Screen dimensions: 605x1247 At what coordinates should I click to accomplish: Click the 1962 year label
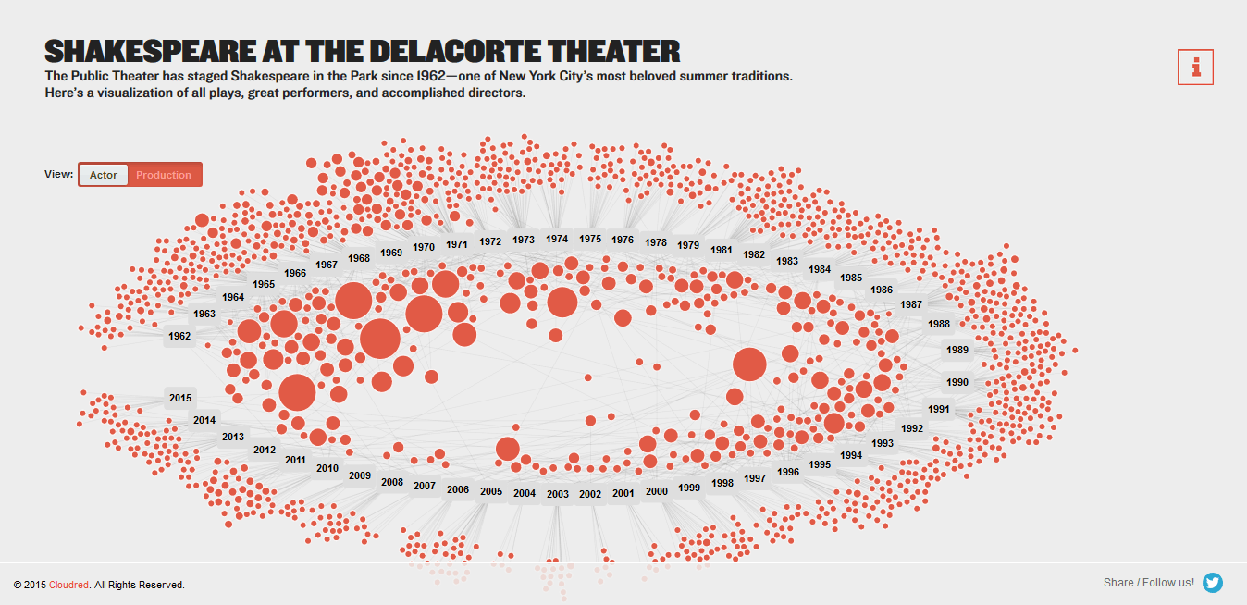[179, 336]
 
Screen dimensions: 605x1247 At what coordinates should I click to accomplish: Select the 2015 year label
[180, 398]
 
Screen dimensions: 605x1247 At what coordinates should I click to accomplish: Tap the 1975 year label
[590, 239]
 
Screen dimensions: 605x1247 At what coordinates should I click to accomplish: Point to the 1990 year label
[957, 382]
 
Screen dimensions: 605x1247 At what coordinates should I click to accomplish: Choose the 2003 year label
[557, 494]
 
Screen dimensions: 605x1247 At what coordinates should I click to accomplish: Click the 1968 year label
[359, 258]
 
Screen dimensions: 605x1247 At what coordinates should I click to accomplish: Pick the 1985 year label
[851, 278]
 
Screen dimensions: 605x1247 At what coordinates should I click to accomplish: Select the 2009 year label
[360, 476]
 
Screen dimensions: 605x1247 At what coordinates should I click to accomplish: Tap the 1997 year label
[755, 478]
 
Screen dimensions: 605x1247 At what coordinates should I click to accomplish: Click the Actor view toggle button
[104, 175]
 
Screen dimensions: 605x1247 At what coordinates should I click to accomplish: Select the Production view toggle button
[164, 175]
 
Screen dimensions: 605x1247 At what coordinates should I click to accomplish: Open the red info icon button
[1195, 68]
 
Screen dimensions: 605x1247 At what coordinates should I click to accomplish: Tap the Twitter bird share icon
[1213, 583]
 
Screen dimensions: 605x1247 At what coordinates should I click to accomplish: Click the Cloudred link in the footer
[69, 585]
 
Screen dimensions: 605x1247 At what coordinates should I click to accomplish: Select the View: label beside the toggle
[58, 174]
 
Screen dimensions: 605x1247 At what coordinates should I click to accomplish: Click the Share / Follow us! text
[1148, 583]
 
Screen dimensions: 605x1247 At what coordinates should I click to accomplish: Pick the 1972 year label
[490, 241]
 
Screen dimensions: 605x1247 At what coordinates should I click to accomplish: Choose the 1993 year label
[883, 443]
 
